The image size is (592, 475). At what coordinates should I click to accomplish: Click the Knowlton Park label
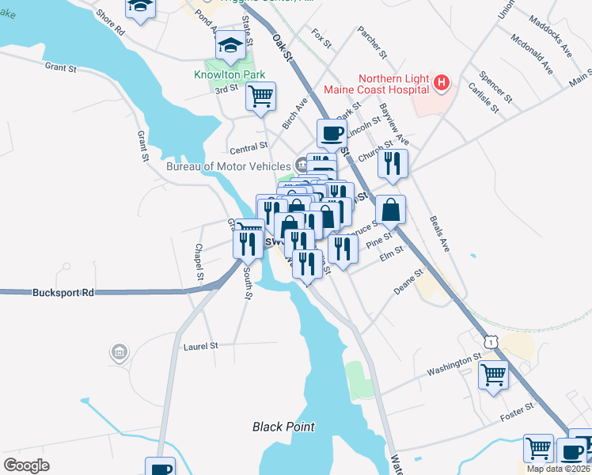point(227,76)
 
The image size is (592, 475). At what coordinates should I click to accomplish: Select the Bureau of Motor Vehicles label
point(228,166)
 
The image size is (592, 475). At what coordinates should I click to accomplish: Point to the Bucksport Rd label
point(63,292)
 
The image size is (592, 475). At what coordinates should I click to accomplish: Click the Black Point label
point(283,427)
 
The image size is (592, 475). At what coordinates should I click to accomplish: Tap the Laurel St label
point(200,346)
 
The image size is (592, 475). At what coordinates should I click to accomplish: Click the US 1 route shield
point(491,340)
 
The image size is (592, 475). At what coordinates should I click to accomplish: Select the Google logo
point(26,465)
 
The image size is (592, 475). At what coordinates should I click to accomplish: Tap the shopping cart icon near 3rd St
point(260,97)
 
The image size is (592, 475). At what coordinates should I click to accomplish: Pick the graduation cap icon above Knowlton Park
point(230,46)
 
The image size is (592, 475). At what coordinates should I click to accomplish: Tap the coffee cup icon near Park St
point(332,132)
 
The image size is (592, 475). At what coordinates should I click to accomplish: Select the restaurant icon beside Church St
point(392,163)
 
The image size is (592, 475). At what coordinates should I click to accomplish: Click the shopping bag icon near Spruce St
point(390,210)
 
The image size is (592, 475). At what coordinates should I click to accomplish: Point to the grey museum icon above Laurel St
point(119,351)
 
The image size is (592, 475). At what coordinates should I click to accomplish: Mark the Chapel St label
point(199,262)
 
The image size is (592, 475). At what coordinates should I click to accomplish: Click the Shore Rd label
point(110,22)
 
